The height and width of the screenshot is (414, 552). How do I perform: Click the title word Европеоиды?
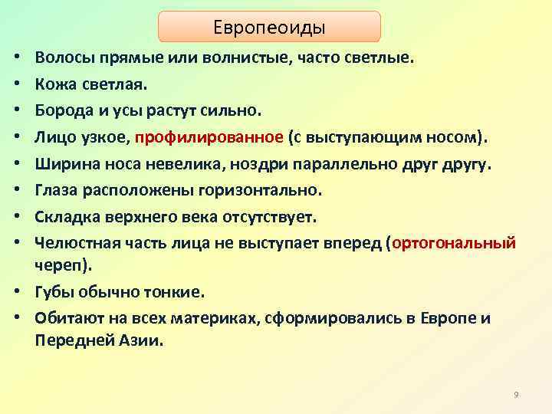(269, 27)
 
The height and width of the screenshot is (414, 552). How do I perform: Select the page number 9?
(516, 394)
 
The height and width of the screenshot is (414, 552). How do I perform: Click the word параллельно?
(356, 163)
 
